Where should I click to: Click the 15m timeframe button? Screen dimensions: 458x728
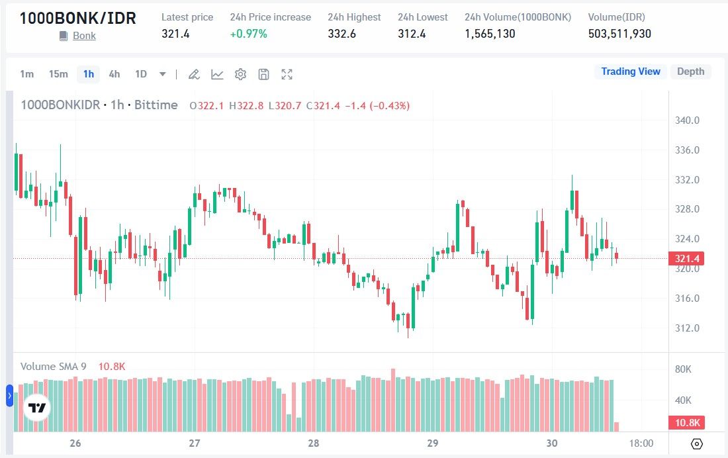(x=58, y=74)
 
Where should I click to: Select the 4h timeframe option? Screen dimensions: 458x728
(x=114, y=74)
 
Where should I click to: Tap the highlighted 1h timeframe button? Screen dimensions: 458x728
(x=89, y=74)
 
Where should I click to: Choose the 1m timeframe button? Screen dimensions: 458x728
(x=26, y=74)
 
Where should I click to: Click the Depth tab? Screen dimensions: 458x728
(x=690, y=71)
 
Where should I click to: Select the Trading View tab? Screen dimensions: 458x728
(x=630, y=71)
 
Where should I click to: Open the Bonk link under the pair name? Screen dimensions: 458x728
(x=84, y=36)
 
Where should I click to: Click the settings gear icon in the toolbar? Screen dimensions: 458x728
(x=240, y=74)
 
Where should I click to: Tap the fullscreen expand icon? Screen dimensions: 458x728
(x=287, y=74)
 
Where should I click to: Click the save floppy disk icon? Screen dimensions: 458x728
(x=263, y=74)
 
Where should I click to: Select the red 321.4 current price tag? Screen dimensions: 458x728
(x=686, y=258)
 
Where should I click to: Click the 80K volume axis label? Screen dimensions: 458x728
(x=682, y=369)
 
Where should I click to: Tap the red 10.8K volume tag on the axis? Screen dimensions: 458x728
(x=686, y=423)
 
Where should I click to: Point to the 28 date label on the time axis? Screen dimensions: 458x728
(x=314, y=443)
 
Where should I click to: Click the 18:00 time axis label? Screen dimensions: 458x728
(x=641, y=443)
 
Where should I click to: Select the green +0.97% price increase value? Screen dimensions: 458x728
(x=248, y=34)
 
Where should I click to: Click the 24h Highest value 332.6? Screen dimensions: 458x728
(x=341, y=34)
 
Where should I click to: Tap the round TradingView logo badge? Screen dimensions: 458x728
(x=36, y=408)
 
